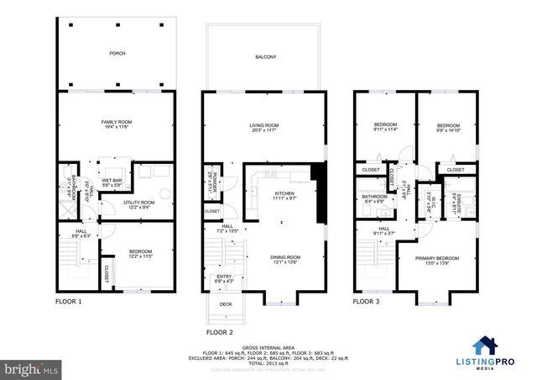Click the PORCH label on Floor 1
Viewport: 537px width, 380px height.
[x=117, y=53]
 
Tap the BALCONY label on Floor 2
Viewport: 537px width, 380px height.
[x=265, y=57]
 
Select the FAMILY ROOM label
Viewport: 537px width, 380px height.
[x=117, y=124]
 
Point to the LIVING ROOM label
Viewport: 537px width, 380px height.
[x=263, y=125]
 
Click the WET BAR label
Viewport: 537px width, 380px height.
[x=112, y=181]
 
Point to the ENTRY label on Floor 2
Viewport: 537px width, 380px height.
[x=225, y=276]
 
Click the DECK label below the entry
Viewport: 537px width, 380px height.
[x=225, y=304]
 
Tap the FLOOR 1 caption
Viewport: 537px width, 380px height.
[x=70, y=300]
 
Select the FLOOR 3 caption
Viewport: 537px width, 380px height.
[x=367, y=300]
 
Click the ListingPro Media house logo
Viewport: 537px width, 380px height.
[x=486, y=346]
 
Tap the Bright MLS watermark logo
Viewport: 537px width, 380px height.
[x=31, y=368]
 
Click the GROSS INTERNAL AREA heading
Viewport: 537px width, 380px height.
[x=268, y=347]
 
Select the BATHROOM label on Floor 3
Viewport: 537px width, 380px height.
[x=374, y=197]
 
